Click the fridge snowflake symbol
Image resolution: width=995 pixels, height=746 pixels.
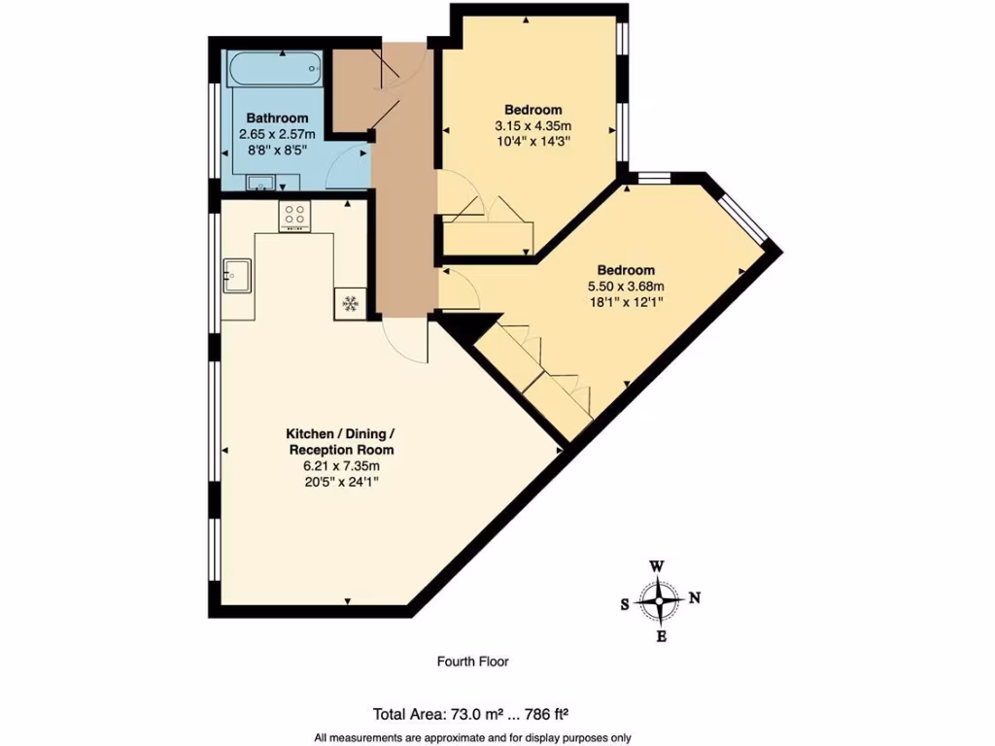pos(349,303)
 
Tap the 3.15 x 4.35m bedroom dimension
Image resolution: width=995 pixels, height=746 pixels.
pos(532,125)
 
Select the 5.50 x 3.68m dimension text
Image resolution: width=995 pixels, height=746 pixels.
pos(625,287)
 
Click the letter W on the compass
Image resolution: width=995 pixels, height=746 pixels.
pos(658,566)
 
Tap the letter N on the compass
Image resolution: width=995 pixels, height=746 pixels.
pos(694,598)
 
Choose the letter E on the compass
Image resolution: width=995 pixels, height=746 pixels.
pos(661,637)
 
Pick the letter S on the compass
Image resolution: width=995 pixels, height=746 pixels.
pos(625,603)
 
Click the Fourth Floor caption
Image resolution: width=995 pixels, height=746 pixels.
pos(472,661)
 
